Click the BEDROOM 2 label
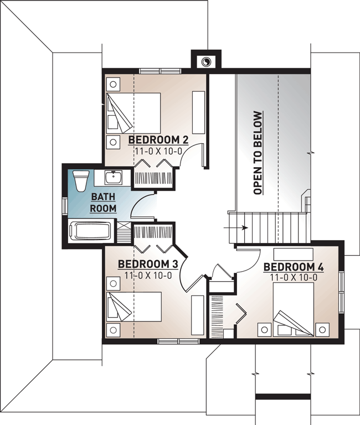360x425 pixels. [x=158, y=139]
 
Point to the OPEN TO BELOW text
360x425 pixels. [x=258, y=153]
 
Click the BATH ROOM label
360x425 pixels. [x=104, y=203]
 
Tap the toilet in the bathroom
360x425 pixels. [x=81, y=180]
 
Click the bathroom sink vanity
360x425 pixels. [x=114, y=178]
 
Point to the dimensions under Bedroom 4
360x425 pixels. [x=294, y=277]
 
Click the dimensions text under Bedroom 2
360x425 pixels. [x=158, y=150]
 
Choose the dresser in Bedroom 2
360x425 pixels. [x=198, y=111]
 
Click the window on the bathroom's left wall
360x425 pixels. [x=64, y=205]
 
